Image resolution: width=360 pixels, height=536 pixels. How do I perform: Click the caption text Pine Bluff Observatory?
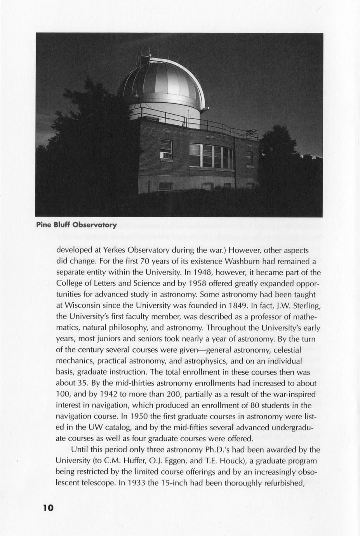pyautogui.click(x=76, y=225)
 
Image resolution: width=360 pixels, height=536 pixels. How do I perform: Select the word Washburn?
pyautogui.click(x=243, y=261)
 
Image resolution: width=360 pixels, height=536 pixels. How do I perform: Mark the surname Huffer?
pyautogui.click(x=133, y=461)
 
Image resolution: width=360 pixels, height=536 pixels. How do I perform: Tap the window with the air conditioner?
pyautogui.click(x=166, y=150)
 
